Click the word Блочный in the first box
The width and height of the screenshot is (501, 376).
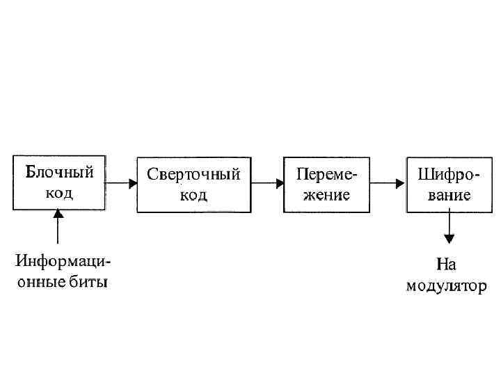coord(59,172)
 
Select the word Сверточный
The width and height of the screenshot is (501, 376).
coord(193,175)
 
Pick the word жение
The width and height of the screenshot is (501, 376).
coord(326,194)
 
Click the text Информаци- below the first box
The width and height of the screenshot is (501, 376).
coord(63,263)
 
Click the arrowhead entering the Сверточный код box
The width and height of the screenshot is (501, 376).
coord(134,184)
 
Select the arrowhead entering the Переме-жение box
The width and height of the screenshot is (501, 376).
coord(279,184)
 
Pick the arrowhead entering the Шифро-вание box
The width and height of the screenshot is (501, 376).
coord(401,184)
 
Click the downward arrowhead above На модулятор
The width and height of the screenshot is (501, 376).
coord(449,239)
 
